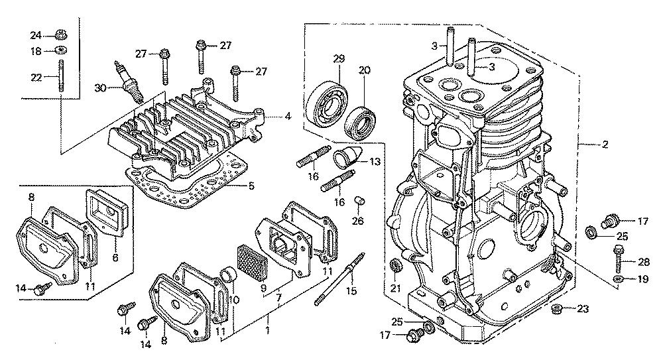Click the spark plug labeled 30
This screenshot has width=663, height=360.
click(129, 83)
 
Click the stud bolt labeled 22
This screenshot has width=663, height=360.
click(61, 76)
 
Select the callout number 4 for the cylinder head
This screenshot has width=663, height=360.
click(288, 115)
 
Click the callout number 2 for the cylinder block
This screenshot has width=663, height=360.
click(605, 145)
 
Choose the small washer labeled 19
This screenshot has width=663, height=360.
click(618, 278)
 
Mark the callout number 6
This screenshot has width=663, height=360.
click(115, 257)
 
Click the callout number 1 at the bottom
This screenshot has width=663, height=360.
click(267, 330)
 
